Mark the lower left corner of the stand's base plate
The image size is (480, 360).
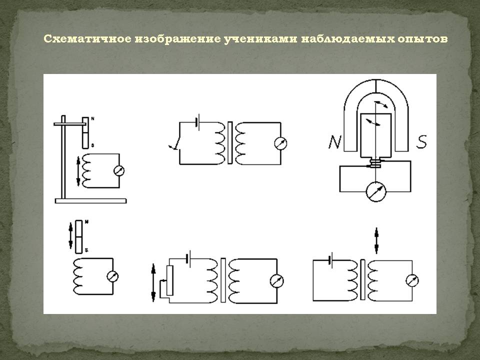pyautogui.click(x=55, y=203)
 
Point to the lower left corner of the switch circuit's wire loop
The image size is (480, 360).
pyautogui.click(x=179, y=164)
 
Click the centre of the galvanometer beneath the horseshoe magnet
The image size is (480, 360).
pyautogui.click(x=376, y=191)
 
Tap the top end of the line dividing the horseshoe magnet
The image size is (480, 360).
pyautogui.click(x=376, y=79)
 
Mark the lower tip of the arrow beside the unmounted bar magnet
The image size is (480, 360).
pyautogui.click(x=70, y=248)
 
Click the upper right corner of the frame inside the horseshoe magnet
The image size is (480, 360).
pyautogui.click(x=391, y=114)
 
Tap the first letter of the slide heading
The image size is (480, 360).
pyautogui.click(x=47, y=39)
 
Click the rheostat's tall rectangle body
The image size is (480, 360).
pyautogui.click(x=170, y=280)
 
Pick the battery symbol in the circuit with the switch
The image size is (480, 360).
pyautogui.click(x=198, y=122)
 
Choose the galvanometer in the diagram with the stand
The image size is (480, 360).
pyautogui.click(x=119, y=170)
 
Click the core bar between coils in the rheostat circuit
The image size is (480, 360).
pyautogui.click(x=223, y=280)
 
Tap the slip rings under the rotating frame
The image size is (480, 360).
pyautogui.click(x=375, y=163)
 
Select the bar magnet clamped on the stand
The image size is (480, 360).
pyautogui.click(x=86, y=132)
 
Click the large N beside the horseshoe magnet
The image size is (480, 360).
pyautogui.click(x=334, y=141)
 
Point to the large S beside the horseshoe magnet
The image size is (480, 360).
pyautogui.click(x=421, y=141)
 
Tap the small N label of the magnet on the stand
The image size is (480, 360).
pyautogui.click(x=92, y=118)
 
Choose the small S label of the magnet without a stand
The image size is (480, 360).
pyautogui.click(x=86, y=250)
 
